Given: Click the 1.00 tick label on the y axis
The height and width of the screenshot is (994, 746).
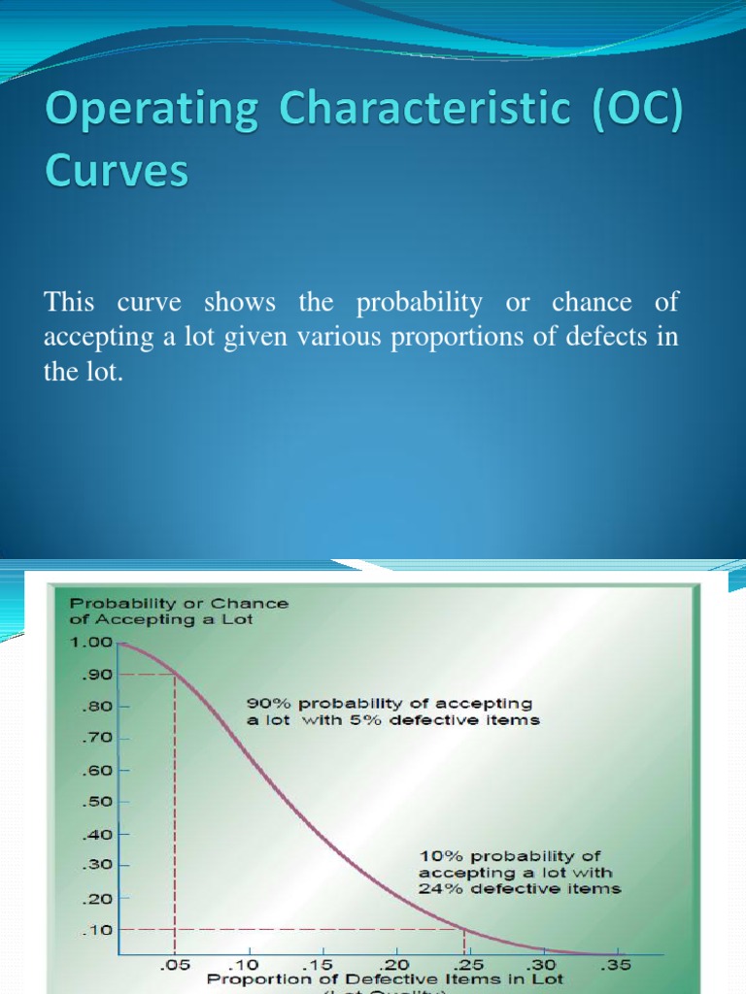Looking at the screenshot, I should (89, 642).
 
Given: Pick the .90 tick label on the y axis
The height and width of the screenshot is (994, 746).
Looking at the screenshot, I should (97, 674).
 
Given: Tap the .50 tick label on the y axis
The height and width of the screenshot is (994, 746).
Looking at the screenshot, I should (97, 802).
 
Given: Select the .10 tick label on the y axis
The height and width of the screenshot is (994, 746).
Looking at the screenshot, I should (97, 929).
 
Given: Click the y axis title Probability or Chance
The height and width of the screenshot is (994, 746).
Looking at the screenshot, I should (178, 603).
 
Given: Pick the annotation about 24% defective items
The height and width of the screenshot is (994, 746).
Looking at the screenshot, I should (520, 872).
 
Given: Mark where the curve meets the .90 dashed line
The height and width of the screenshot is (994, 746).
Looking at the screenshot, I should (174, 674).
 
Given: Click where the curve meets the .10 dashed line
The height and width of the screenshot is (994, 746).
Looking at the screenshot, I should (464, 929).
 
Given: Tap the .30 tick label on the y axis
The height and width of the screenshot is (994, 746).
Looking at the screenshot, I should (97, 865).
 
